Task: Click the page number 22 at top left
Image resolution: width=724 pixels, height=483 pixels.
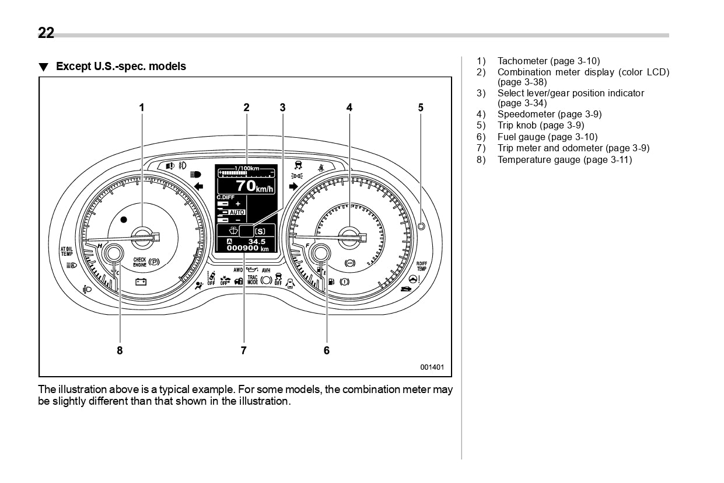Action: click(46, 33)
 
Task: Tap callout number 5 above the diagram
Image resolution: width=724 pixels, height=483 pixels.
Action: click(421, 107)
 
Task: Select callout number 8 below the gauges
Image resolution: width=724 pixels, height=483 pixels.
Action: click(120, 350)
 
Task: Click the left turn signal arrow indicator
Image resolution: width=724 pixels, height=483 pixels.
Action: click(198, 186)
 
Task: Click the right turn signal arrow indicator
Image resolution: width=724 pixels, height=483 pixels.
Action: click(293, 186)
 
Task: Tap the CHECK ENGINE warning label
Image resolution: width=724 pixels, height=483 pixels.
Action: click(139, 262)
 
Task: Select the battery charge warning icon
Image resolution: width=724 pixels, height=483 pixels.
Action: click(141, 282)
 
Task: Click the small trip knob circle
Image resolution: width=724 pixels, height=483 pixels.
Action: click(421, 226)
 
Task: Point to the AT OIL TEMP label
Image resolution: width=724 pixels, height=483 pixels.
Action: click(67, 252)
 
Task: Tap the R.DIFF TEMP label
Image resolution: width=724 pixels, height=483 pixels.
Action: click(421, 266)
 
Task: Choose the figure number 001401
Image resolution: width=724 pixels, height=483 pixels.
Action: click(432, 367)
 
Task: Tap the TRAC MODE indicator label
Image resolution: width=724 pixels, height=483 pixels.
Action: click(253, 280)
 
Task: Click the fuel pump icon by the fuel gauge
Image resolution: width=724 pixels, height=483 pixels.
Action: click(331, 282)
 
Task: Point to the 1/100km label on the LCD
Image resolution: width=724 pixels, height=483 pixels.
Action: click(247, 168)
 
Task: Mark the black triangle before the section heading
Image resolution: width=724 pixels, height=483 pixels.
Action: click(43, 67)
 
